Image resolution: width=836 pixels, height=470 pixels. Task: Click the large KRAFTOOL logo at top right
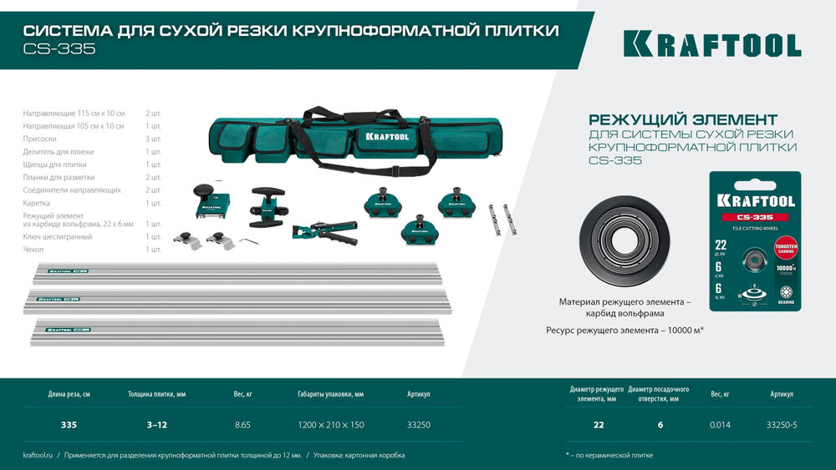(x=711, y=44)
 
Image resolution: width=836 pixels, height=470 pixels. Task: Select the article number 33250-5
(x=782, y=425)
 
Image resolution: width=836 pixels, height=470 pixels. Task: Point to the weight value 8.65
(x=242, y=425)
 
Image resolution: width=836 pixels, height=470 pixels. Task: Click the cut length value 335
(x=69, y=425)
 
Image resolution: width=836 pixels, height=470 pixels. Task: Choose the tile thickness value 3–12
(x=157, y=425)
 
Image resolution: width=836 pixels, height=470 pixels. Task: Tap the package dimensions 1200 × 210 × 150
(x=331, y=425)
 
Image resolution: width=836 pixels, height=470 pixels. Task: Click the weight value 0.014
(x=720, y=425)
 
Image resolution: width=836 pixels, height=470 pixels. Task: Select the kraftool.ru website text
(x=38, y=456)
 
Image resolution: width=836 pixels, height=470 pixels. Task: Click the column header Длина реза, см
(x=69, y=394)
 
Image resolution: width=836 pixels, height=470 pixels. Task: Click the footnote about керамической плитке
(x=609, y=456)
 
